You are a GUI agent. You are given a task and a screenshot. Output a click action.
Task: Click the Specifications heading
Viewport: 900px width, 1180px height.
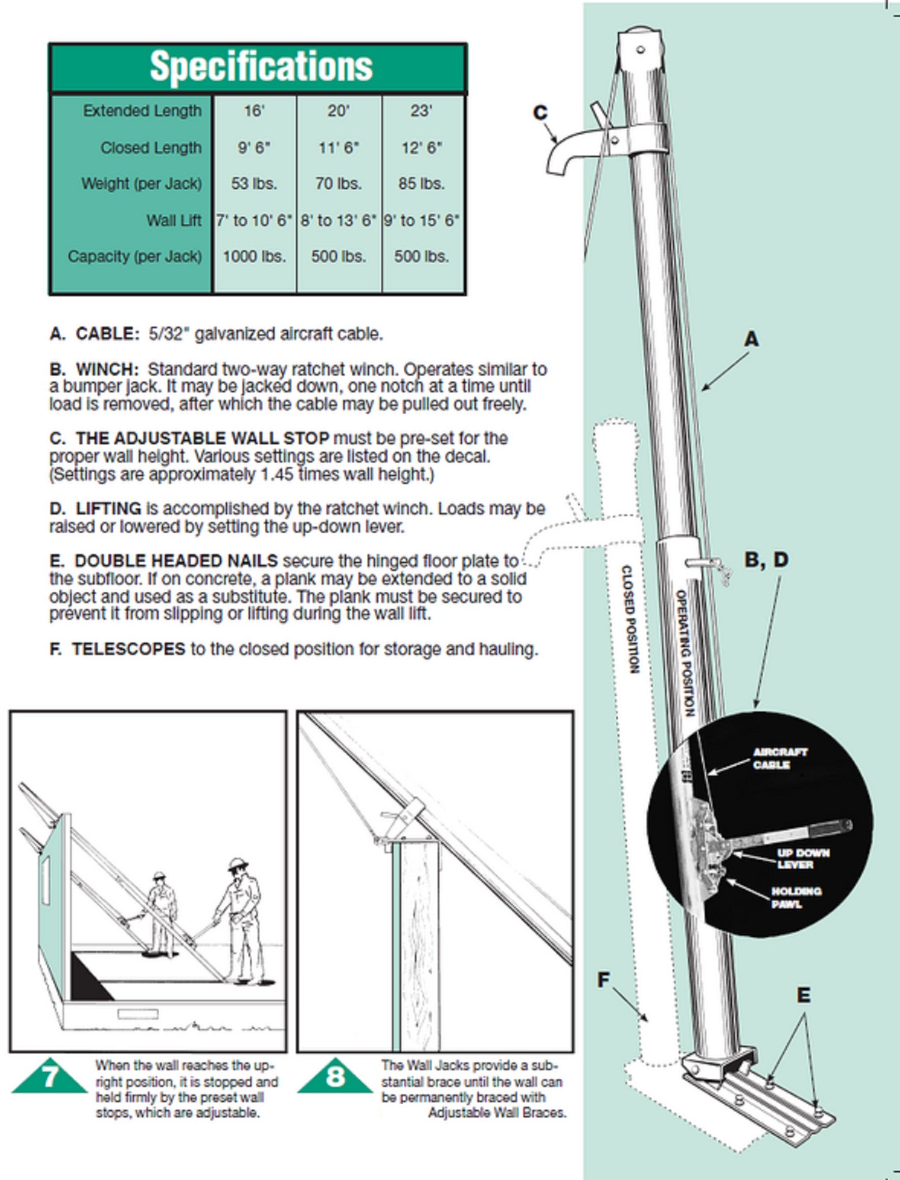[261, 67]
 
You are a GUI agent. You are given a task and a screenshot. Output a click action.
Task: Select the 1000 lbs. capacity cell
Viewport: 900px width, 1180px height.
[254, 256]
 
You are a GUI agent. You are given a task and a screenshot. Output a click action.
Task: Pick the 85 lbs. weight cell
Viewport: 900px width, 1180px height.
[421, 184]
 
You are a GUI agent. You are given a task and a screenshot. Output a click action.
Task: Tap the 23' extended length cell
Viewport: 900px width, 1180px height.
[421, 111]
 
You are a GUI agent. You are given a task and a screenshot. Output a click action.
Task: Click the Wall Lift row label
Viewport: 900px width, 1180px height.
[174, 220]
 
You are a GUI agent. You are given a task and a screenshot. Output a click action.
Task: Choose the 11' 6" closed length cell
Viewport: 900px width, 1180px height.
[339, 148]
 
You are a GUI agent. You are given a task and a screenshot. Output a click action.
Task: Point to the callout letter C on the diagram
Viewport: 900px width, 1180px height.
[541, 112]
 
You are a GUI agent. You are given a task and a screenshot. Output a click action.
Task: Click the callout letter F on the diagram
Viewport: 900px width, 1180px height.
[604, 980]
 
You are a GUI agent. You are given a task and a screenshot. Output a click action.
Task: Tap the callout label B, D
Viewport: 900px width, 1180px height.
[767, 560]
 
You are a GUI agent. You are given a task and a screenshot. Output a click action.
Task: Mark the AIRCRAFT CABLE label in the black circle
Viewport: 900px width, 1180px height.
[779, 758]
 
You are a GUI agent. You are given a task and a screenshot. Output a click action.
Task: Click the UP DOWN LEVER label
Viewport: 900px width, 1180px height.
[803, 858]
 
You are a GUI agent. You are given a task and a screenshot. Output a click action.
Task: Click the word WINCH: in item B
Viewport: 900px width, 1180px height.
[108, 369]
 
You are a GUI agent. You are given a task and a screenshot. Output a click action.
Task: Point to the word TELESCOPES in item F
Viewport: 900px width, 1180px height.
[129, 649]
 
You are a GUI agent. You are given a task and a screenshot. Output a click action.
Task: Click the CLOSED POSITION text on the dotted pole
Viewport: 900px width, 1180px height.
[631, 619]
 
